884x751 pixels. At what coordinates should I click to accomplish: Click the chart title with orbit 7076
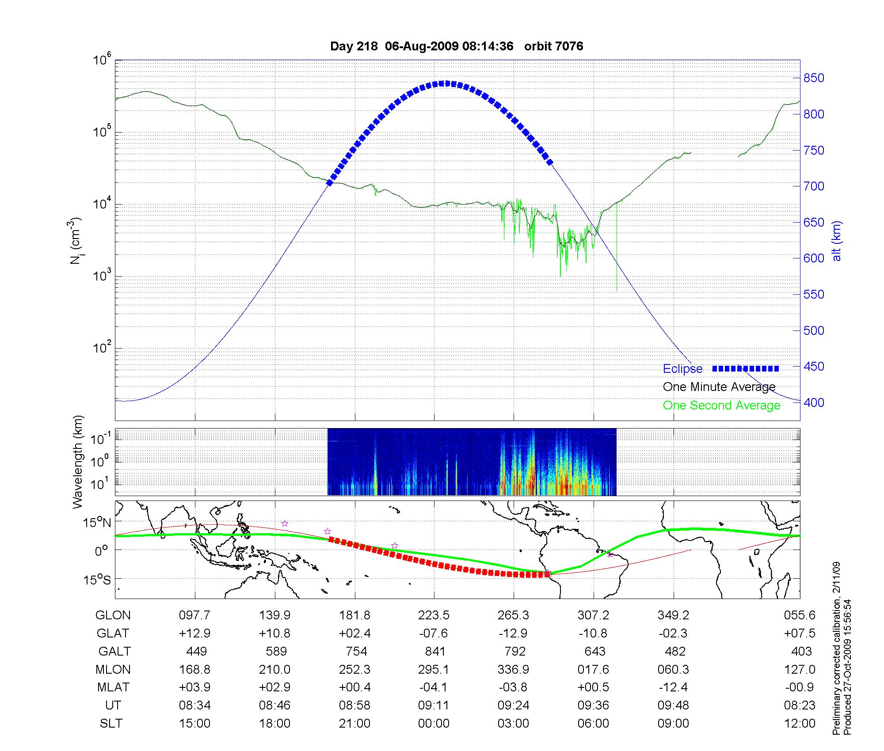(x=457, y=46)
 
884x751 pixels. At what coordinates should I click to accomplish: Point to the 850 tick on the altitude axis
(x=813, y=78)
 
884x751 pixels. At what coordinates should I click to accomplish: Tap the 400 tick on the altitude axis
(x=813, y=402)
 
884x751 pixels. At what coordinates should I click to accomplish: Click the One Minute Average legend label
(x=719, y=387)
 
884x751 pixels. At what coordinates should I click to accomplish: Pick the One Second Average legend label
(x=721, y=405)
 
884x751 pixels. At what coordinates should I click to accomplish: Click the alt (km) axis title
(x=837, y=241)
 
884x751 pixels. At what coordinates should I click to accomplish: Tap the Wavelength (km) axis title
(x=78, y=462)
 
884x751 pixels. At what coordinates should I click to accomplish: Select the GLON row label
(x=113, y=615)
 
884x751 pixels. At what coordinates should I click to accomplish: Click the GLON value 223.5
(x=434, y=615)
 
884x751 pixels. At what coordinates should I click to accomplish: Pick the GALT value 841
(x=435, y=651)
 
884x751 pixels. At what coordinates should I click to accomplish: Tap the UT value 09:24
(x=513, y=705)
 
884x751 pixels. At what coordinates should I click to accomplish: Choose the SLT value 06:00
(x=593, y=723)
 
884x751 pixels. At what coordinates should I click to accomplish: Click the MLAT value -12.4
(x=673, y=687)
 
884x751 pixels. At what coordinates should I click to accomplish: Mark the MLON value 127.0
(x=800, y=669)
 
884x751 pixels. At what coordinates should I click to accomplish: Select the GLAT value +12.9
(x=194, y=633)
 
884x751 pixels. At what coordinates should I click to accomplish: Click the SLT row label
(x=111, y=723)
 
